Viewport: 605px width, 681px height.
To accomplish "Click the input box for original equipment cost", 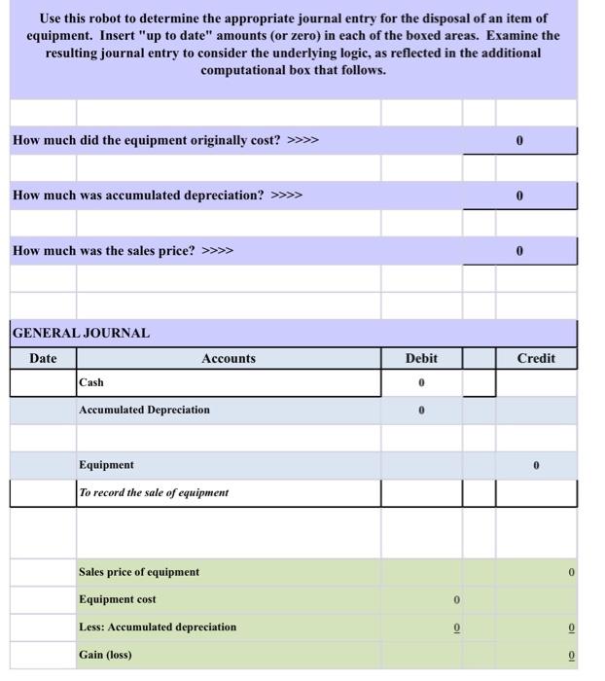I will pyautogui.click(x=519, y=140).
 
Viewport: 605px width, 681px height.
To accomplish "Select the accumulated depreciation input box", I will pyautogui.click(x=519, y=196).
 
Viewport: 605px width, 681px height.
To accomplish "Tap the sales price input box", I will pyautogui.click(x=519, y=251).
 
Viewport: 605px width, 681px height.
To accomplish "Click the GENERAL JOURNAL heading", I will pyautogui.click(x=81, y=333).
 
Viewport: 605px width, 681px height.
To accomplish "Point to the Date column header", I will pyautogui.click(x=43, y=359).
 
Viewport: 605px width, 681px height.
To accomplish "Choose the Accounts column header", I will pyautogui.click(x=229, y=359).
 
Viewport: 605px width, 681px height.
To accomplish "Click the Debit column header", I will pyautogui.click(x=421, y=359).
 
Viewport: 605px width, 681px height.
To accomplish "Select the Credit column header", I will pyautogui.click(x=536, y=359).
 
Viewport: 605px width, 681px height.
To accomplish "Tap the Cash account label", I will pyautogui.click(x=91, y=382).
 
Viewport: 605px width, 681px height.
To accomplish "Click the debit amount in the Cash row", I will pyautogui.click(x=421, y=382).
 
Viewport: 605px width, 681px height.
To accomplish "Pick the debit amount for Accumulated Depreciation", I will pyautogui.click(x=421, y=410).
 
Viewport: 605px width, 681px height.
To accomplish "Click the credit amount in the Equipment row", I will pyautogui.click(x=536, y=465).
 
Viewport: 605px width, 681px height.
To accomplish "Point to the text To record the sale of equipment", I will pyautogui.click(x=154, y=492).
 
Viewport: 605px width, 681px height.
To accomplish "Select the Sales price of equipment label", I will pyautogui.click(x=139, y=572).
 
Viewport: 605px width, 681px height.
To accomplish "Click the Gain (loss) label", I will pyautogui.click(x=106, y=655).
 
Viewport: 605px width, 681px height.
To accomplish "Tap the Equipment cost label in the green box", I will pyautogui.click(x=118, y=599).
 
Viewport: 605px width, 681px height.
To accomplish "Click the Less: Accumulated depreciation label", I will pyautogui.click(x=158, y=627).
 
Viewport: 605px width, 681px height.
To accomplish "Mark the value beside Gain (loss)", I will pyautogui.click(x=572, y=655).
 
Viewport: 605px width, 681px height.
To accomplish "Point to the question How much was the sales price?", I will pyautogui.click(x=123, y=251).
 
